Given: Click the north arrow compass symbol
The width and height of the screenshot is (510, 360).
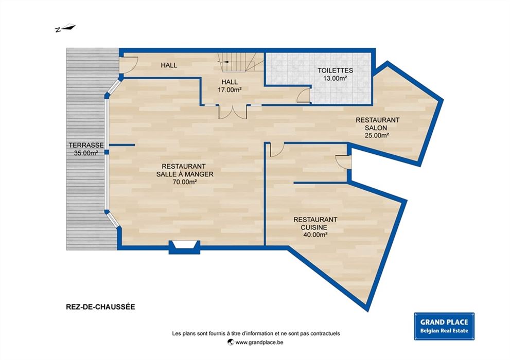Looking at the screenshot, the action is point(65,28).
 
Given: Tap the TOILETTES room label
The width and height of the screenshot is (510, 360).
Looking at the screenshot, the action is point(335,70).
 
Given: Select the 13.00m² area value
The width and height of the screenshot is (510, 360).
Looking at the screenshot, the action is point(335,78).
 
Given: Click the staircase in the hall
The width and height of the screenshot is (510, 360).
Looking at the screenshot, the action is point(241,62).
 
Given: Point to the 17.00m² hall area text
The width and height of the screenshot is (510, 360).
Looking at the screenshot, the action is point(230,90).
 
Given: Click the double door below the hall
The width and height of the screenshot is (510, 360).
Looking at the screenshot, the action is point(233,112).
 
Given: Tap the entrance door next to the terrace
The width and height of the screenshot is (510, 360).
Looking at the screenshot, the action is point(129,65).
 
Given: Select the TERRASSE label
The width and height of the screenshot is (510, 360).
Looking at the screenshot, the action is point(86,145).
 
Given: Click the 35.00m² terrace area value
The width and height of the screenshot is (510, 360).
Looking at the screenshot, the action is point(86,153).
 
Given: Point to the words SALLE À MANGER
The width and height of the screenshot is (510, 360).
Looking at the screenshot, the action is point(185,174).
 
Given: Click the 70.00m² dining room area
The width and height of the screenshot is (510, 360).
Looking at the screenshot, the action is point(185,182).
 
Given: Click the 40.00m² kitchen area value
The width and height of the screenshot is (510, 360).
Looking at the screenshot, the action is point(315,235).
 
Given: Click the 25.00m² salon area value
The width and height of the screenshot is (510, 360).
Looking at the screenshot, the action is point(377,135).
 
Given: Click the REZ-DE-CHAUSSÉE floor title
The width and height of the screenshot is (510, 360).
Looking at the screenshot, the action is point(100,307).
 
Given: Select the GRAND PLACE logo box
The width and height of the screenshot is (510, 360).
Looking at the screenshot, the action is point(444,326).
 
